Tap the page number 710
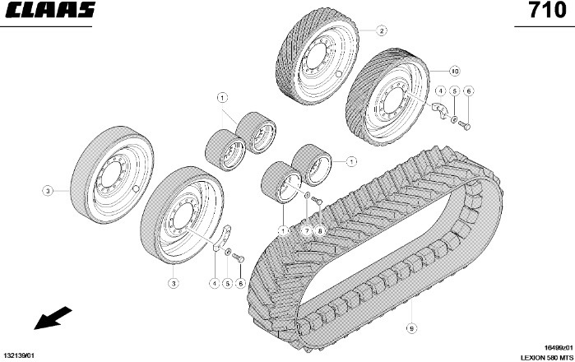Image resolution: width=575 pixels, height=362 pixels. pos(548,12)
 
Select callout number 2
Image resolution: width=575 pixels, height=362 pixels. pos(382,30)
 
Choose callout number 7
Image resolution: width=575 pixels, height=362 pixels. pos(307,230)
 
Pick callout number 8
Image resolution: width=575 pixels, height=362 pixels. pos(320,230)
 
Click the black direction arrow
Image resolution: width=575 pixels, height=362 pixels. pos(49,317)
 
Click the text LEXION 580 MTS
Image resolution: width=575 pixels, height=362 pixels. pos(545,357)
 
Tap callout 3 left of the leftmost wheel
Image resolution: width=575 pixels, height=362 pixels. pos(48,190)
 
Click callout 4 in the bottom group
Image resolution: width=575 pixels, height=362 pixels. pos(215,283)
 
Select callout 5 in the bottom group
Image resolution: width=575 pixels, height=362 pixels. pos(228,283)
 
